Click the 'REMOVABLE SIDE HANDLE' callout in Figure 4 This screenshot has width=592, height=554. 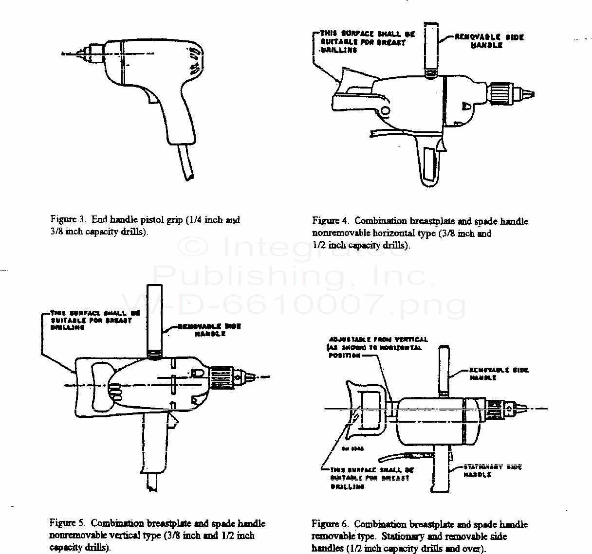(x=489, y=41)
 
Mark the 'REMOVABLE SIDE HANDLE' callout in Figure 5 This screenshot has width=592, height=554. (x=209, y=330)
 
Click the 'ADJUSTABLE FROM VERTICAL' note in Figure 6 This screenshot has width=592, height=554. (x=377, y=347)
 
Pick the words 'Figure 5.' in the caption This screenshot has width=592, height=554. (x=68, y=524)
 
